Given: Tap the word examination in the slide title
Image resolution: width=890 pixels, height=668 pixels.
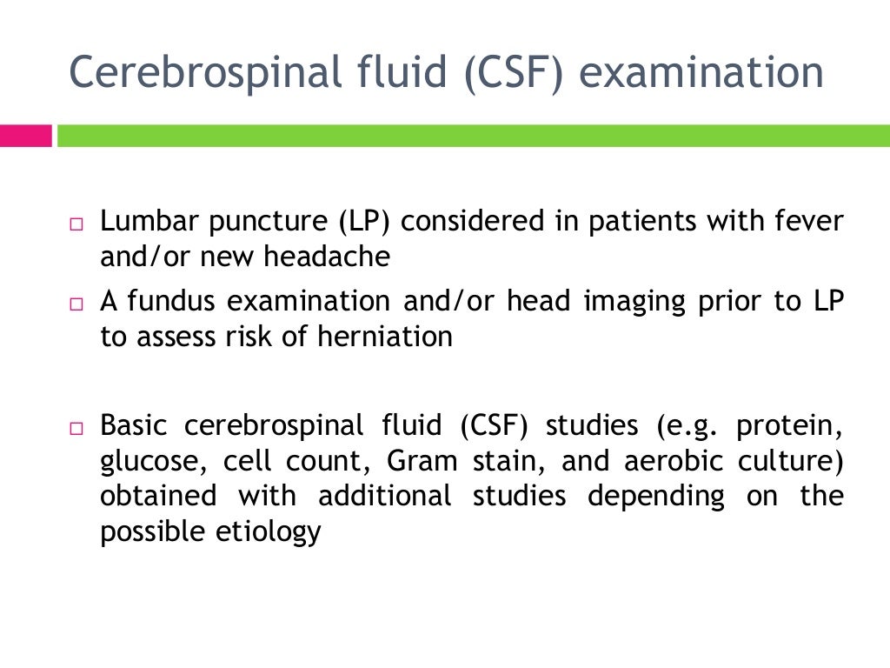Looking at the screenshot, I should [701, 73].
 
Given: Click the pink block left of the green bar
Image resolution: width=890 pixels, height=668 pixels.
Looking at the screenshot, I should [25, 136].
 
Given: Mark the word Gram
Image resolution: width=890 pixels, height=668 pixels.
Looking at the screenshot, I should [421, 461].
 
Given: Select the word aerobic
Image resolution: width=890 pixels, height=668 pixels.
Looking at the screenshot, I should [660, 461].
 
